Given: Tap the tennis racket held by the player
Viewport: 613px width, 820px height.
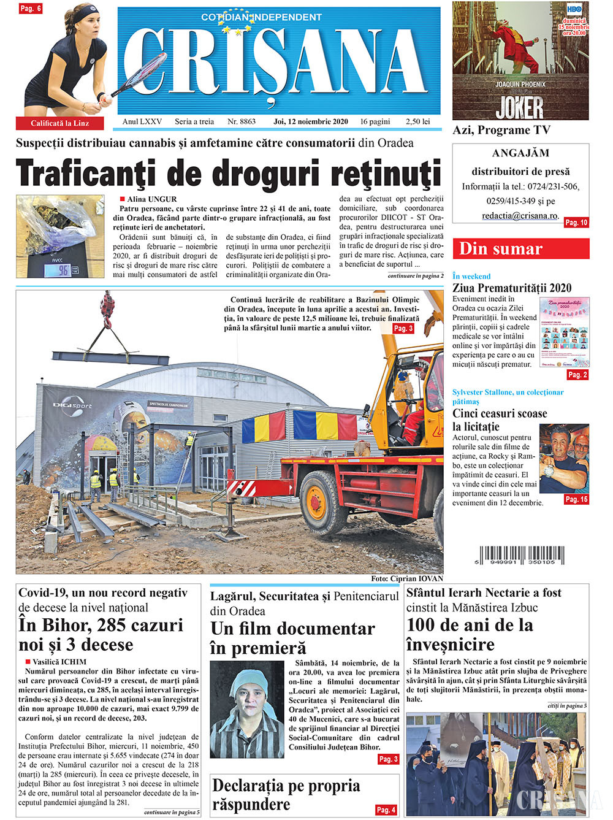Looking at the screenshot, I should pyautogui.click(x=142, y=77).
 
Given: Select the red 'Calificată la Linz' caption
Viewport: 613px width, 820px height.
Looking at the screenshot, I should pyautogui.click(x=60, y=123).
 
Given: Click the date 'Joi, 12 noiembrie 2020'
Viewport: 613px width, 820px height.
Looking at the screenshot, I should pyautogui.click(x=311, y=121).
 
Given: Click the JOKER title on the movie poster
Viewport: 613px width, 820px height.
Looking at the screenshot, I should pyautogui.click(x=520, y=107).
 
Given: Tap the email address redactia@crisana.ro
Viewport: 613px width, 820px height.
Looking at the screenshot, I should pyautogui.click(x=520, y=216).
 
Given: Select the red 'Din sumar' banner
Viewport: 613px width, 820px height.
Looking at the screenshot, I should pyautogui.click(x=520, y=248).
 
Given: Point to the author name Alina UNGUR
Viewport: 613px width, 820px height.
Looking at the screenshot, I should pyautogui.click(x=151, y=199).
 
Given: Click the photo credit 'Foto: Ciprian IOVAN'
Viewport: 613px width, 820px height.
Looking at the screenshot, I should pyautogui.click(x=406, y=578).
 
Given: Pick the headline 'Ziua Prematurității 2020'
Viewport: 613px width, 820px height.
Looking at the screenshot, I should pyautogui.click(x=512, y=288).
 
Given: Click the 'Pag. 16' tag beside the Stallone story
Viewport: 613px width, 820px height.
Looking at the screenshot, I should pyautogui.click(x=576, y=499).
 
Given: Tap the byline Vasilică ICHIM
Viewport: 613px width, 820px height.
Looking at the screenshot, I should pyautogui.click(x=59, y=662).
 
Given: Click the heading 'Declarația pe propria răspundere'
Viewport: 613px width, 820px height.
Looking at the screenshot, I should pyautogui.click(x=286, y=794).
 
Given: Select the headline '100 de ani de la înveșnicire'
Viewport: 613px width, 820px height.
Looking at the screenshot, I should pyautogui.click(x=470, y=634).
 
